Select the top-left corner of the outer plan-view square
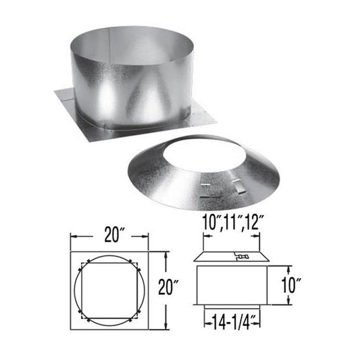point(71,251)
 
